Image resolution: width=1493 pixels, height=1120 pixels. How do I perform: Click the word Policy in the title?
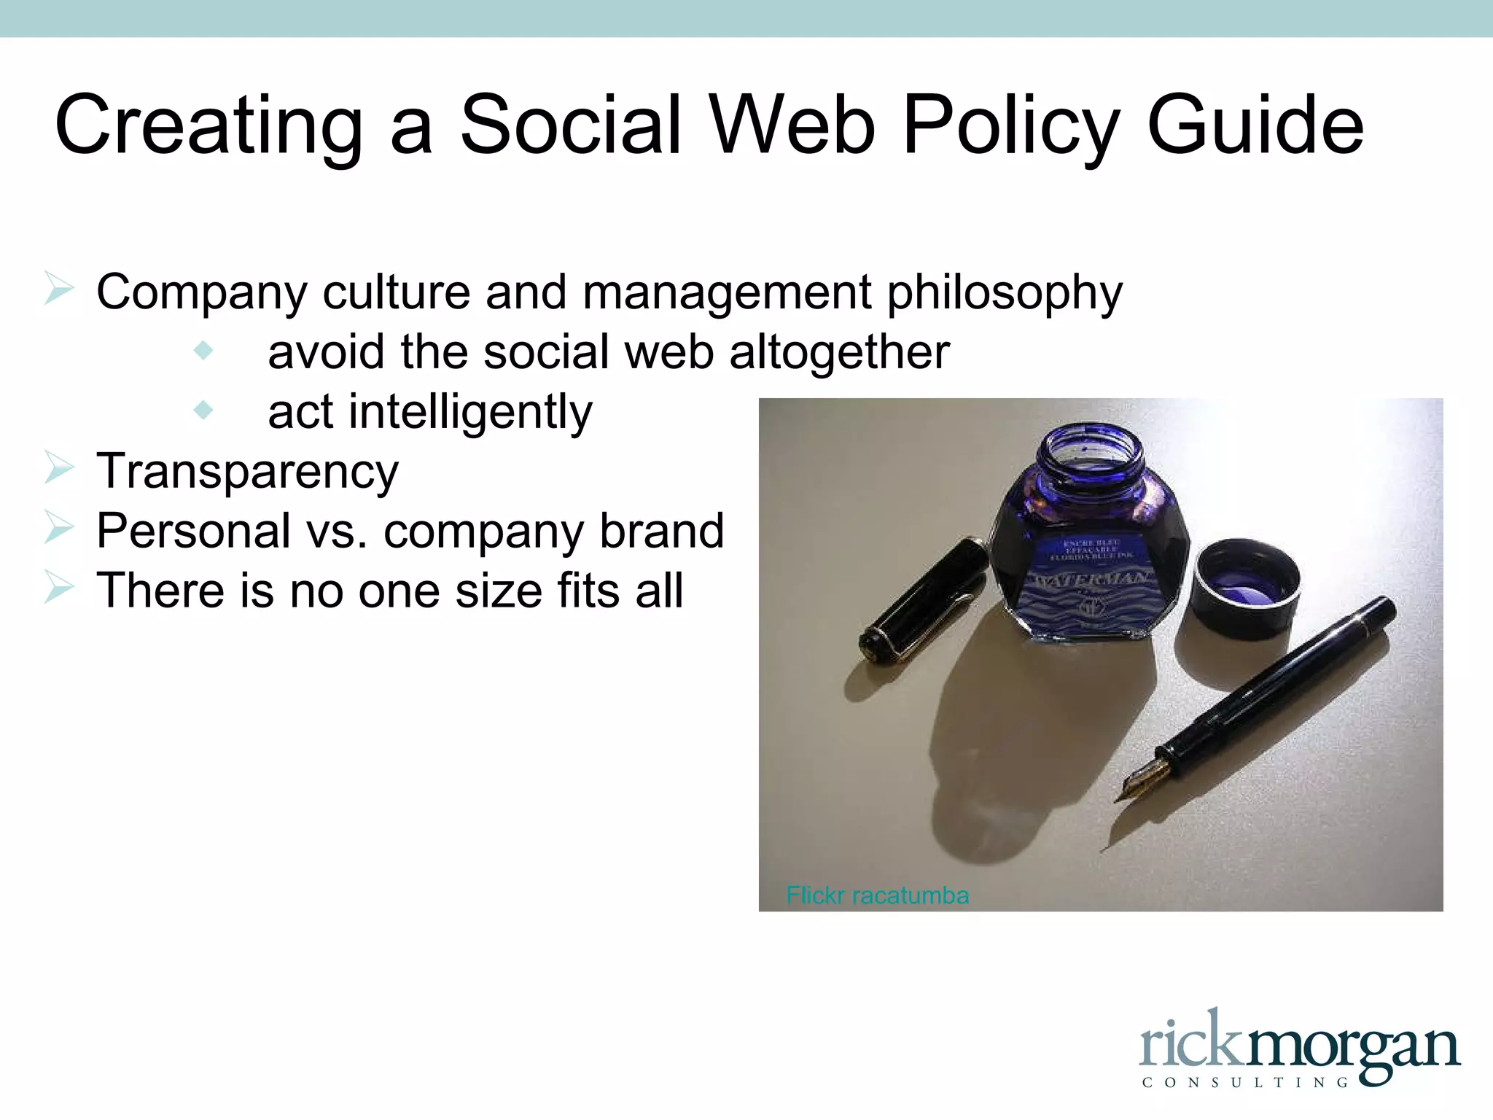[x=1010, y=128]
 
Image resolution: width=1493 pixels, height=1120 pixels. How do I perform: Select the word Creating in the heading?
[x=208, y=128]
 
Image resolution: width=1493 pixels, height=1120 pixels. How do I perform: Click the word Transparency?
[x=248, y=472]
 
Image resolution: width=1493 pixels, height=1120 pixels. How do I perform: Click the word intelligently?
[x=470, y=413]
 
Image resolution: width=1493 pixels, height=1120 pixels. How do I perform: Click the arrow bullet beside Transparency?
[x=58, y=468]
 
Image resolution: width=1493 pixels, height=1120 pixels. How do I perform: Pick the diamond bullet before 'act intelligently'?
[x=203, y=411]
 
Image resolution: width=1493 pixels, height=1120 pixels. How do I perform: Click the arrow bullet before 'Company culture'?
[x=58, y=289]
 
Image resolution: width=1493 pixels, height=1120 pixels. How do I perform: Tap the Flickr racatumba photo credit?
[x=878, y=895]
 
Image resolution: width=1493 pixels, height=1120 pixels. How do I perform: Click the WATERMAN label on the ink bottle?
[x=1094, y=580]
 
